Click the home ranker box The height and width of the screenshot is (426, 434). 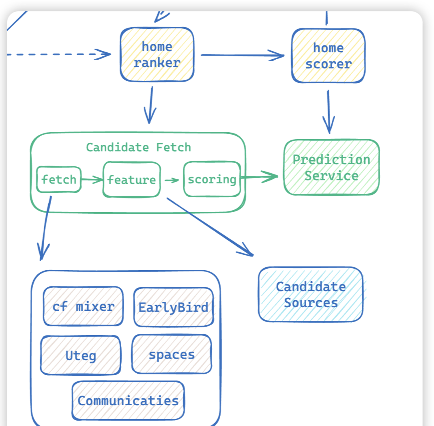[x=157, y=54]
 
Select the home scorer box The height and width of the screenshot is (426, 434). [x=328, y=56]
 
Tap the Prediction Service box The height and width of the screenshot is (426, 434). [x=331, y=167]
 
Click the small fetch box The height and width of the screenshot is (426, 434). [x=59, y=179]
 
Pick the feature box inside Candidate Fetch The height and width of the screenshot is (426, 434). [x=131, y=179]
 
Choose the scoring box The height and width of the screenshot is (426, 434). [x=212, y=179]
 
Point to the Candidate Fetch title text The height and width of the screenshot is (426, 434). [x=138, y=147]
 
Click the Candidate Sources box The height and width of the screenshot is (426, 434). [x=310, y=294]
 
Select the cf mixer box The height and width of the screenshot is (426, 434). [x=83, y=306]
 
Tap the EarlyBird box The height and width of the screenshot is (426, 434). [x=173, y=307]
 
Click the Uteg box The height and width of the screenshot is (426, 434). [x=81, y=355]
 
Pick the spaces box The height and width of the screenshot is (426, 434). [x=172, y=354]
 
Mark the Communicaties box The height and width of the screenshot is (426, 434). [x=128, y=400]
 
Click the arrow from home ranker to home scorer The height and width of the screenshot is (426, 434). [x=242, y=55]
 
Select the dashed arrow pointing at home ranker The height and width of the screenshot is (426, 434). [x=57, y=54]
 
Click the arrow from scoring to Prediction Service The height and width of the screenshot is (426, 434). [x=260, y=176]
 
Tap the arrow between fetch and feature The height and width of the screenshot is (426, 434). [x=92, y=179]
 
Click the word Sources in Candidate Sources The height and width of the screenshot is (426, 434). [x=311, y=303]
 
